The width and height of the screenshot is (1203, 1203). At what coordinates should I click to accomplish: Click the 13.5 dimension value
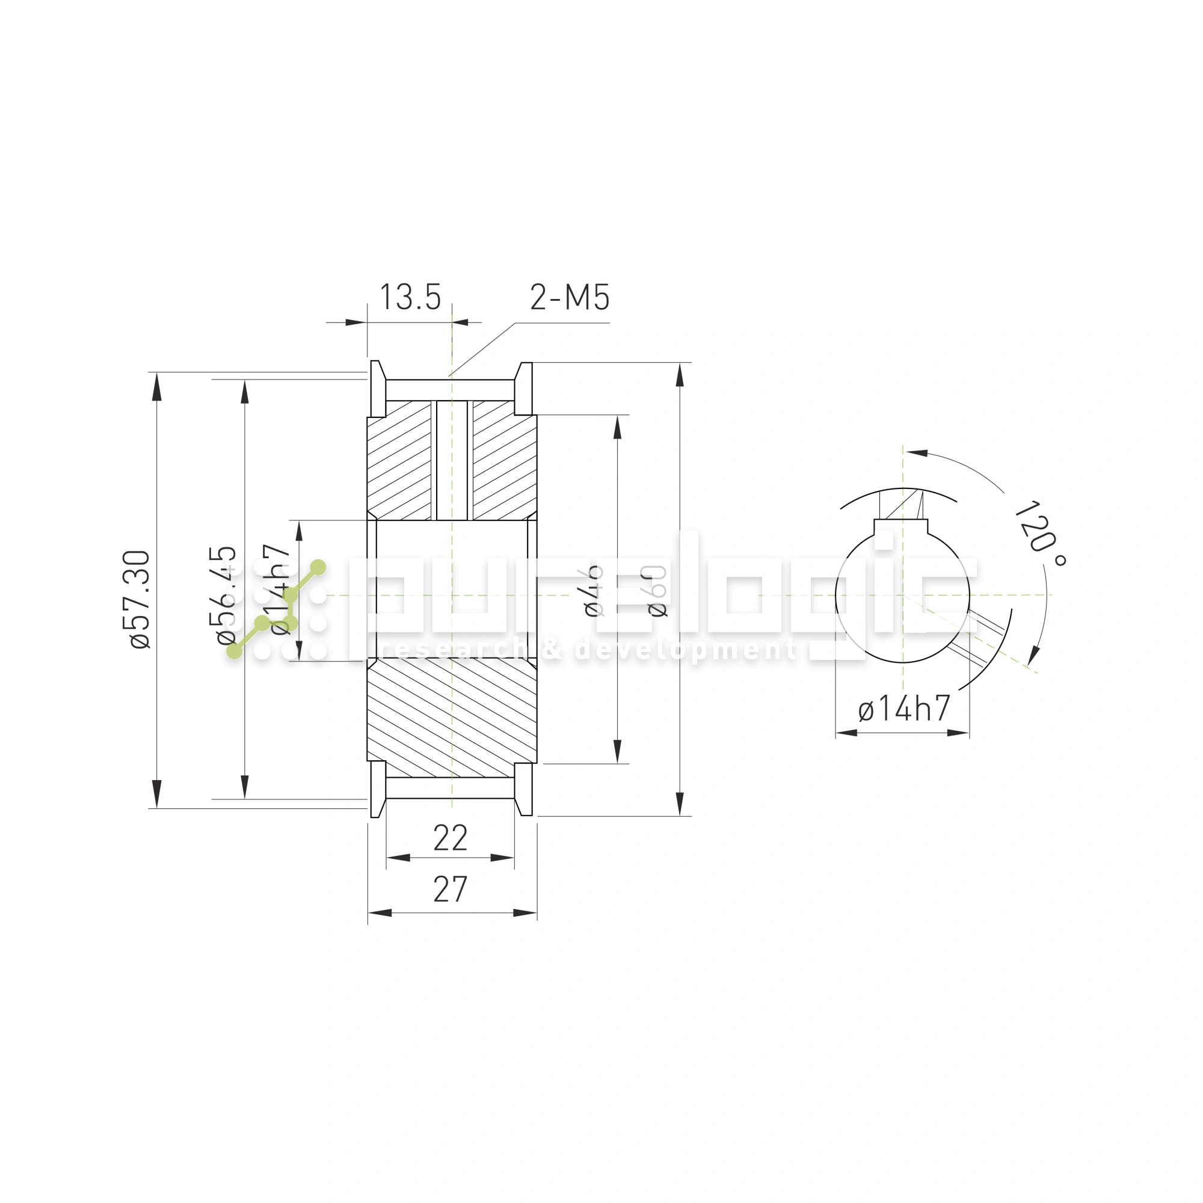410,297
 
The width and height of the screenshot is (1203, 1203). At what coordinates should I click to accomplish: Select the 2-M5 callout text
569,297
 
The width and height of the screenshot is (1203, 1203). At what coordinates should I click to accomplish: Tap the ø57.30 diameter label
141,599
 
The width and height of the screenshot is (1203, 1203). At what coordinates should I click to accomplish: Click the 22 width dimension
450,838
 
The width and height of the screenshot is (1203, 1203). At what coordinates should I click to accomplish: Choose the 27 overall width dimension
450,889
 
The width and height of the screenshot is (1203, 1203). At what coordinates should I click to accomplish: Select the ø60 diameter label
657,591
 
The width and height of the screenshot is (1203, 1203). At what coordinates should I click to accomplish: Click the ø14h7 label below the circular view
904,709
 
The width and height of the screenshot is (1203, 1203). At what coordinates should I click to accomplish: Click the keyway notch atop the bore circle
901,527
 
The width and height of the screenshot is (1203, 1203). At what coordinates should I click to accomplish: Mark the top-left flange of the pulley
377,389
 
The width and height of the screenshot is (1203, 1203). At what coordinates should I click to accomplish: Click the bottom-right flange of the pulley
525,789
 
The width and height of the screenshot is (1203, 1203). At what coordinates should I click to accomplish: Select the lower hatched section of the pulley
452,716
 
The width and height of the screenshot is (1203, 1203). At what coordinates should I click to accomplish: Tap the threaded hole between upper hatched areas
452,461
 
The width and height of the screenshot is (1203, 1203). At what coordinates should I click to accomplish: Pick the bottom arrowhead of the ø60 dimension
679,802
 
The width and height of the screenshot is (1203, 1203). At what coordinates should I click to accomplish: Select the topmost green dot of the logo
318,567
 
